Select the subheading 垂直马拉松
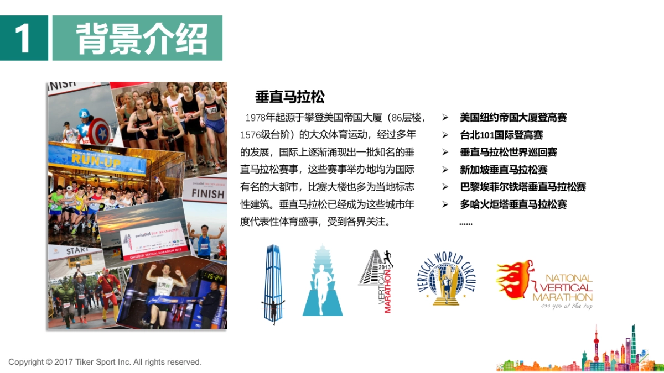289,97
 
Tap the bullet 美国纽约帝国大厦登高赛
513,118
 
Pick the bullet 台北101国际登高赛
501,135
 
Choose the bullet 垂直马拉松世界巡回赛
508,153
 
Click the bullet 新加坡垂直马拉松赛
504,170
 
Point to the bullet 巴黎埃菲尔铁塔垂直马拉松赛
522,187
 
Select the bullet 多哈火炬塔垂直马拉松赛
513,204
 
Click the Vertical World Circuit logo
447,279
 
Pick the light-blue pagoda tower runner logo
322,281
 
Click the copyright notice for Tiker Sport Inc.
105,362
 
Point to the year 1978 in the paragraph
255,118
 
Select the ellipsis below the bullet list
466,223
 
